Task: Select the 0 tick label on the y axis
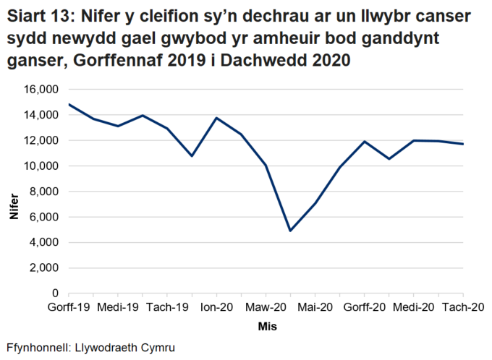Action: pos(55,293)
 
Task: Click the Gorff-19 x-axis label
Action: pos(69,307)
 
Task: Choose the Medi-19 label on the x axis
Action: pos(118,307)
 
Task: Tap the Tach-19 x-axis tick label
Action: pos(168,307)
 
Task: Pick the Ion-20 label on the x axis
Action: pos(216,307)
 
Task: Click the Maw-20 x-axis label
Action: pos(266,307)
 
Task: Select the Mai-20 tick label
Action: pos(315,307)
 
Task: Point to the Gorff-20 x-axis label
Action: pos(364,307)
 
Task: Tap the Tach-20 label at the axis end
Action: pos(462,307)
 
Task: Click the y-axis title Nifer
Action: pos(14,206)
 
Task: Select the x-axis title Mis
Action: pos(267,327)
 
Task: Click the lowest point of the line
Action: pos(290,231)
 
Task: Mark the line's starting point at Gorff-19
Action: pos(69,104)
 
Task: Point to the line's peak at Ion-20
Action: pos(216,118)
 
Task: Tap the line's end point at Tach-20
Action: pos(462,144)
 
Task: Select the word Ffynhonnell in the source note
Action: pos(39,348)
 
